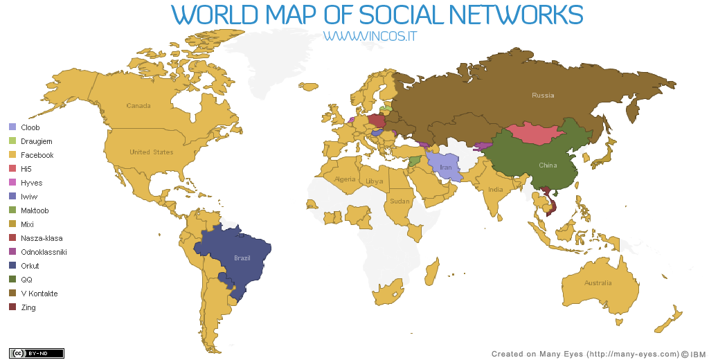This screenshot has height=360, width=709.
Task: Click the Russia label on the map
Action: (543, 95)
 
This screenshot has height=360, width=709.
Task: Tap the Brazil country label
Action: (242, 258)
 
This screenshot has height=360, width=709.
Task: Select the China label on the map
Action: (548, 165)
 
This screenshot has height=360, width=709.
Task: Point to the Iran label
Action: (446, 168)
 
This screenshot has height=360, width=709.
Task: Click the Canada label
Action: (138, 106)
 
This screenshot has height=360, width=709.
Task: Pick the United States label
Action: (152, 152)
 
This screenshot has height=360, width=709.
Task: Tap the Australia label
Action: (598, 282)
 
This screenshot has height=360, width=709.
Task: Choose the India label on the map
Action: (495, 190)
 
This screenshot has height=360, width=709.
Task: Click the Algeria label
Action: (345, 179)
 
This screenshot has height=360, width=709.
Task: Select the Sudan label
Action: (400, 201)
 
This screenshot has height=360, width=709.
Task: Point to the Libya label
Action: (375, 181)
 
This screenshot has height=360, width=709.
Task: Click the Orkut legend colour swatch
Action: (12, 266)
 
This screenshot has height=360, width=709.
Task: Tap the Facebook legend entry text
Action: (37, 155)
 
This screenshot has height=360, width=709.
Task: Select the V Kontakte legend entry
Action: (39, 294)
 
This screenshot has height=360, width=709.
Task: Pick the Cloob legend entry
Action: (30, 127)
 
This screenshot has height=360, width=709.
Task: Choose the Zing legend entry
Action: (28, 307)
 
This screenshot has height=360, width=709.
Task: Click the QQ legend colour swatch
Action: (12, 280)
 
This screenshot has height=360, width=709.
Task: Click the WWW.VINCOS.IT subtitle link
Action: (374, 35)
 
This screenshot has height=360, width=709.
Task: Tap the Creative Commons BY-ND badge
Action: (36, 353)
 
